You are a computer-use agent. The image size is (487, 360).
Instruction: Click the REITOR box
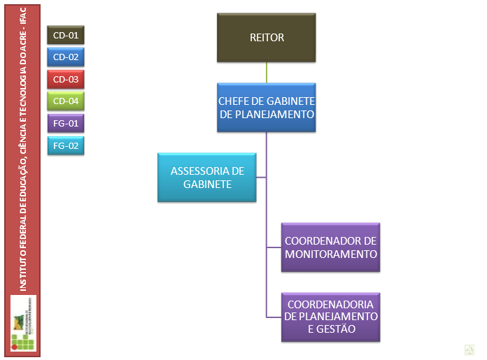pyautogui.click(x=267, y=38)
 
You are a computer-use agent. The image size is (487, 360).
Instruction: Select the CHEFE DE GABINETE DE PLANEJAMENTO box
pyautogui.click(x=267, y=108)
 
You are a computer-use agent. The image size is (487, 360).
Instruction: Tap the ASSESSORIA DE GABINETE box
pyautogui.click(x=207, y=178)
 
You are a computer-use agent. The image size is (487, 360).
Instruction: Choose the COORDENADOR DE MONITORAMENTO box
pyautogui.click(x=331, y=247)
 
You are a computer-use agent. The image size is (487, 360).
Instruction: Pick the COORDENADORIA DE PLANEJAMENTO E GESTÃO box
pyautogui.click(x=331, y=317)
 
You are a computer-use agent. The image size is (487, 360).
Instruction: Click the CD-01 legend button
pyautogui.click(x=66, y=34)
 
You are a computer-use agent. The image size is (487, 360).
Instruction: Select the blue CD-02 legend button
pyautogui.click(x=66, y=57)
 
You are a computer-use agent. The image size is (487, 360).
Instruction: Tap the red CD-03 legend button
pyautogui.click(x=66, y=79)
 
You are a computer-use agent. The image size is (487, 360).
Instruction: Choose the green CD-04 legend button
pyautogui.click(x=66, y=101)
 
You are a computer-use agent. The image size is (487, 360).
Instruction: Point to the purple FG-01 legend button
pyautogui.click(x=66, y=124)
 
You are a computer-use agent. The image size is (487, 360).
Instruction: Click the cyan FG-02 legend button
pyautogui.click(x=66, y=146)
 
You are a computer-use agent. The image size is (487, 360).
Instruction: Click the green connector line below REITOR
pyautogui.click(x=267, y=73)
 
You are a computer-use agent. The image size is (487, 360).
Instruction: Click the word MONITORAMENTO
pyautogui.click(x=331, y=254)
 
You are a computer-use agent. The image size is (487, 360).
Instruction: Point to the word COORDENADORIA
pyautogui.click(x=331, y=305)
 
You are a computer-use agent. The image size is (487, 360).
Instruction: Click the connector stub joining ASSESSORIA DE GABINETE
pyautogui.click(x=261, y=178)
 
